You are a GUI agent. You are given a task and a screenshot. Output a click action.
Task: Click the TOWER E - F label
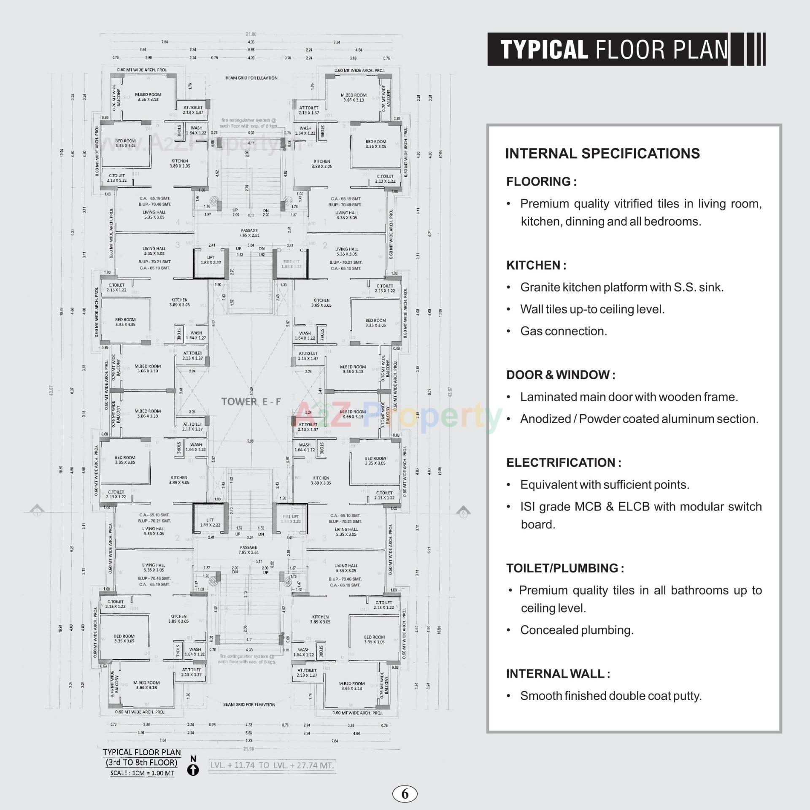coord(251,402)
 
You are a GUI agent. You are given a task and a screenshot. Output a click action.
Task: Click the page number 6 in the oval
coord(405,794)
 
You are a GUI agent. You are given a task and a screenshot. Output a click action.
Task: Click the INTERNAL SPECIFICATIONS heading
coord(602,154)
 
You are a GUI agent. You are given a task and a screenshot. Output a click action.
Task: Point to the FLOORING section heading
coord(541,182)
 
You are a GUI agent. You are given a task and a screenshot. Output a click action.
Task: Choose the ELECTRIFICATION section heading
coord(564,463)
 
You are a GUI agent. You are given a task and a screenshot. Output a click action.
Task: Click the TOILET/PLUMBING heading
coord(565,568)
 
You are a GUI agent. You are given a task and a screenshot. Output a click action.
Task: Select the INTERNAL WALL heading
coord(558,674)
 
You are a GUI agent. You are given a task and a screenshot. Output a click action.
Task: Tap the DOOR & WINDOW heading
coord(561,375)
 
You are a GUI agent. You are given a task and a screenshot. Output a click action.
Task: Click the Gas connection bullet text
coord(564,331)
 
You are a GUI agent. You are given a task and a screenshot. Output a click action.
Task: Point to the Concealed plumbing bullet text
coord(577,630)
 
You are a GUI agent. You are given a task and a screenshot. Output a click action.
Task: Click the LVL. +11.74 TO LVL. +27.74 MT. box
coord(273,765)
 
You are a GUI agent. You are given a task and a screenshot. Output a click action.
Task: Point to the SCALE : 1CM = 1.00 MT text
coord(142,773)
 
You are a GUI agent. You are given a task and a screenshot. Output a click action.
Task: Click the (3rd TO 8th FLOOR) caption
coord(142,763)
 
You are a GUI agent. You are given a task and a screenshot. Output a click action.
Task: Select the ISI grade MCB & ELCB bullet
coord(641,507)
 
